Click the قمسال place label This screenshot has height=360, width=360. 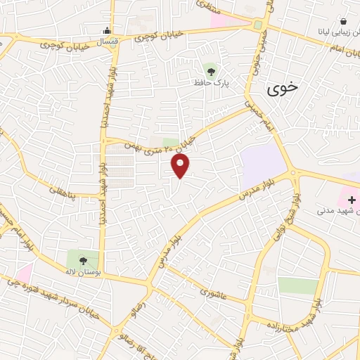point(105,42)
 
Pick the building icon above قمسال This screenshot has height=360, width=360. point(106,30)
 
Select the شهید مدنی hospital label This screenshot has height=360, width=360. point(336,210)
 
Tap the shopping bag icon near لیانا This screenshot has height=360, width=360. point(343,22)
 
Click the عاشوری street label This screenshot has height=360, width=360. point(212,291)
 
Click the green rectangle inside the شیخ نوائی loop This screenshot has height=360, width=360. point(298,285)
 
